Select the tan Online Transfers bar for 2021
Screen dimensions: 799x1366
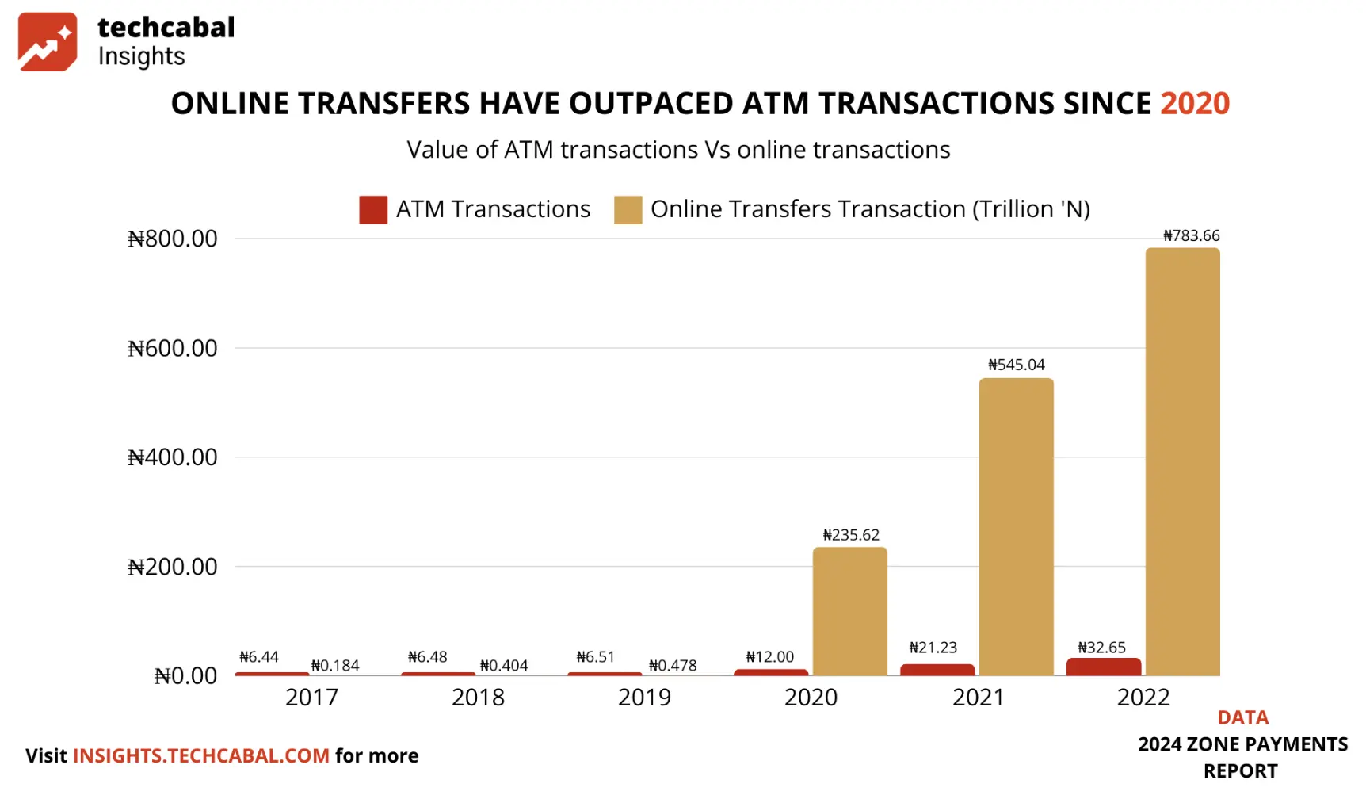(1016, 527)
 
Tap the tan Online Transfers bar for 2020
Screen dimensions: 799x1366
(849, 611)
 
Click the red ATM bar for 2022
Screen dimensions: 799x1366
(1104, 667)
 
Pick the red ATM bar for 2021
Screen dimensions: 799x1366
(937, 670)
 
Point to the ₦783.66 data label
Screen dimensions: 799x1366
(1191, 235)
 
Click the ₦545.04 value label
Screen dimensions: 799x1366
(1016, 365)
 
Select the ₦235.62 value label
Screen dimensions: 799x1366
(851, 535)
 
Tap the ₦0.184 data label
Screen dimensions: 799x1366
(335, 666)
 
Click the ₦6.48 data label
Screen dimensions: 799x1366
(427, 657)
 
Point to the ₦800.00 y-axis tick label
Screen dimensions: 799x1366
(173, 239)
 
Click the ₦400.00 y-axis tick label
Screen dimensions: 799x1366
(173, 457)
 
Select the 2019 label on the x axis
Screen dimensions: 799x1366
(644, 698)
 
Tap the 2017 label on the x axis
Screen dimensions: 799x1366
(311, 698)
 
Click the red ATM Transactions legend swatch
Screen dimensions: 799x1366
(373, 210)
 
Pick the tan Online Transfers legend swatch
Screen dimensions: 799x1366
(628, 210)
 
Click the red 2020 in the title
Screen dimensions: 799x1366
(1195, 104)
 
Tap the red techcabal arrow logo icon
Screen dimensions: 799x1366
(48, 42)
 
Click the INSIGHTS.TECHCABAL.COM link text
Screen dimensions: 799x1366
(201, 755)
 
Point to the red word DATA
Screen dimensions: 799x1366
(1242, 717)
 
